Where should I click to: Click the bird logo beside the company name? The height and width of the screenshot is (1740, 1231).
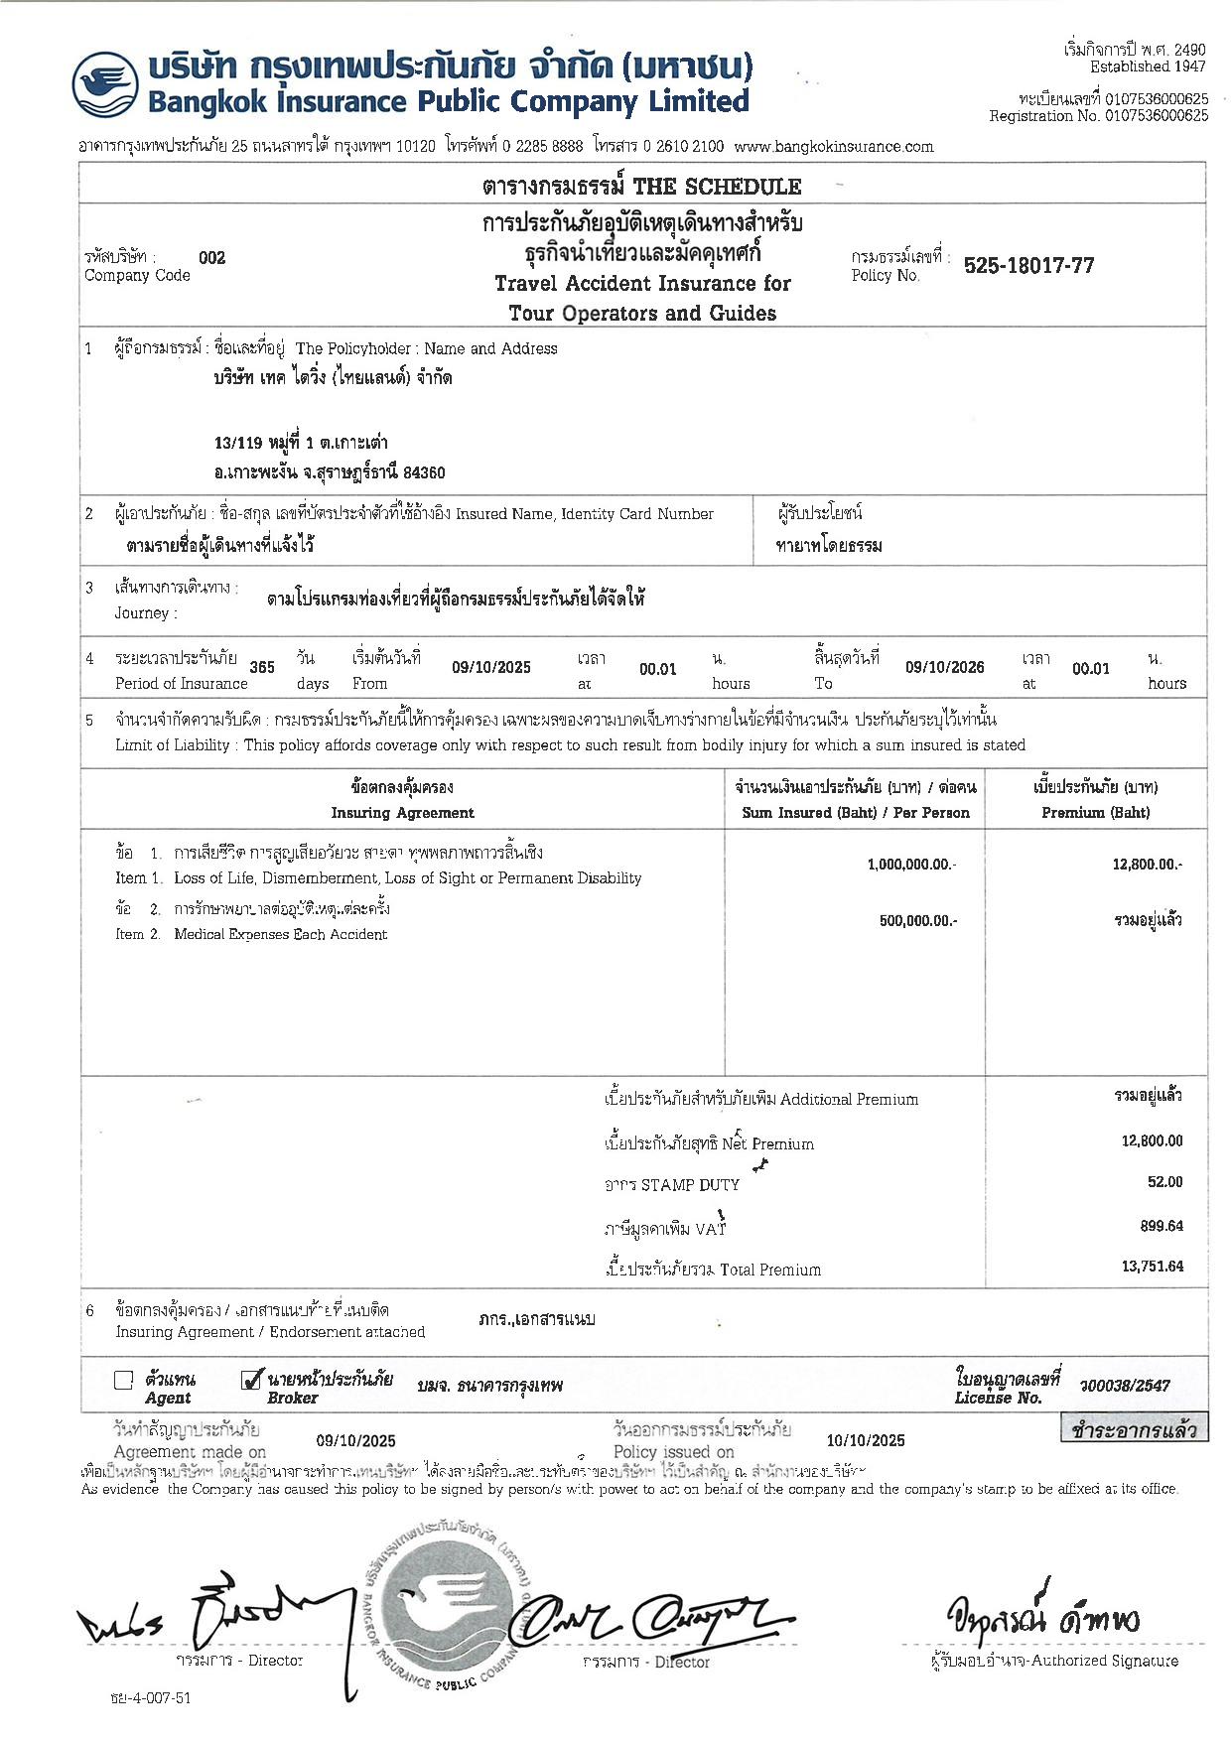103,85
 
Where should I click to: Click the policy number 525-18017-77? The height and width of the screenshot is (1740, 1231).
1028,266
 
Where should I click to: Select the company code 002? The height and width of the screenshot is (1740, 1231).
212,258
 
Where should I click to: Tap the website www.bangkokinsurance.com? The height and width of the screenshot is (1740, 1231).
834,147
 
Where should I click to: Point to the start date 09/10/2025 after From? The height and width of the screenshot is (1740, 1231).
491,668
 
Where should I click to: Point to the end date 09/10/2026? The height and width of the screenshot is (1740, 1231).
944,668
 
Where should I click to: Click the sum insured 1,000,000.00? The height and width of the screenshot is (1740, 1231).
911,865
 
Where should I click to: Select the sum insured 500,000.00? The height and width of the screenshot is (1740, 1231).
918,921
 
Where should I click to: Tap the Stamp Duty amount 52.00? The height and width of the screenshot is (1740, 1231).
1164,1182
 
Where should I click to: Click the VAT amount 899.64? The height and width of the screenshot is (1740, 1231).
1162,1226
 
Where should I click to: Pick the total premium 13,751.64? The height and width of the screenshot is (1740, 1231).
1153,1267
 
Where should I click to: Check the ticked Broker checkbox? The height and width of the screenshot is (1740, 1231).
251,1380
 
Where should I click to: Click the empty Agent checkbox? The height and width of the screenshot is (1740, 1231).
124,1380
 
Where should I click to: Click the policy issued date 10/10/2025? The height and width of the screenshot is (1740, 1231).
866,1440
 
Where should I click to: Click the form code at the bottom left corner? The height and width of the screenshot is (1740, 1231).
151,1697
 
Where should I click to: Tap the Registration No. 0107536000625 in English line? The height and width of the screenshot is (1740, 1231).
1098,116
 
